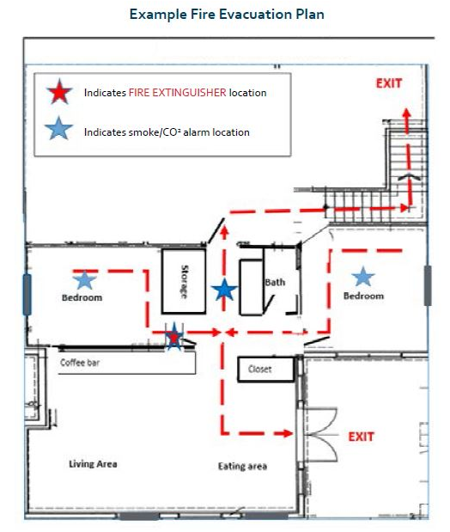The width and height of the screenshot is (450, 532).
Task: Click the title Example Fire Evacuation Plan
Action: tap(227, 15)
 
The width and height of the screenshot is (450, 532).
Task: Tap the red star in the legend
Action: tap(59, 92)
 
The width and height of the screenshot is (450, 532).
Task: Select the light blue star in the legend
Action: tap(58, 129)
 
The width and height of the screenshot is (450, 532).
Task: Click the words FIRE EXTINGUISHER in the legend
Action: tap(178, 93)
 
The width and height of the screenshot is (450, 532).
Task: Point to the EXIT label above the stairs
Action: tap(389, 83)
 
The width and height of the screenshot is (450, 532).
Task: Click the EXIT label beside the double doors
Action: tap(362, 437)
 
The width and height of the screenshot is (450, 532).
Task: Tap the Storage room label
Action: tap(185, 282)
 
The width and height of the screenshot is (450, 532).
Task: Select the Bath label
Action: tap(275, 282)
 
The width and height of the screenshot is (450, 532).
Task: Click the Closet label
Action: tap(259, 369)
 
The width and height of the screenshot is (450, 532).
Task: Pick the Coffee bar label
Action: tap(80, 363)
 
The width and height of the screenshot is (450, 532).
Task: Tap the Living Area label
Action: tap(93, 464)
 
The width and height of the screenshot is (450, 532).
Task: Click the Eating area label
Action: tap(242, 466)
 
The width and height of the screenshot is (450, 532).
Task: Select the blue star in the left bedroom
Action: tap(84, 280)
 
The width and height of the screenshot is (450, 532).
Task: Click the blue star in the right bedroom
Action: tap(363, 276)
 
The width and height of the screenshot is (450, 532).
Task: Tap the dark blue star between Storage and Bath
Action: tap(224, 290)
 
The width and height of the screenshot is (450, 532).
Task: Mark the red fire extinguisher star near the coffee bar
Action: tap(174, 338)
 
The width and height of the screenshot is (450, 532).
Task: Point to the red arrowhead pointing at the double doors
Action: tap(288, 433)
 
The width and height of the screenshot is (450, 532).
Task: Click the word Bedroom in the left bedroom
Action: tap(82, 297)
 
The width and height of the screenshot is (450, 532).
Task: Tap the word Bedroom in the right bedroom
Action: tap(363, 296)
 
